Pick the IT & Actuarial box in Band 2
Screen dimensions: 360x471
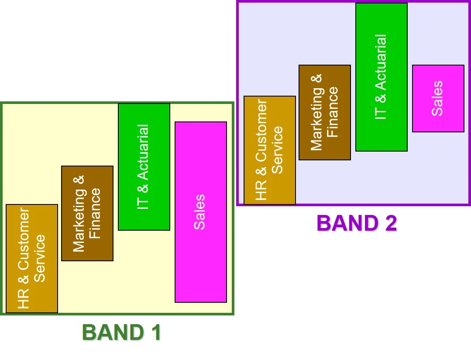point(382,135)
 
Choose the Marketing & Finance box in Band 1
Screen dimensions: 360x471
point(87,245)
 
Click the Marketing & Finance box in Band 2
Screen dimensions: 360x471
point(325,149)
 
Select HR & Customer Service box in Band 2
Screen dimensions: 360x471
point(270,188)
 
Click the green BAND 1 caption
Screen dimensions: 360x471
point(121,333)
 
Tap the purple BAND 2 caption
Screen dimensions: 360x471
point(357,223)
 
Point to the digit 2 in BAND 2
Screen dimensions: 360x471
point(389,223)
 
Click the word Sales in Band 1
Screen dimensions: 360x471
point(199,212)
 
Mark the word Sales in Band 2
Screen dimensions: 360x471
point(437,98)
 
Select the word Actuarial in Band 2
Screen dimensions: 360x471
point(381,62)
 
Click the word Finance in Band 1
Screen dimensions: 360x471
point(95,214)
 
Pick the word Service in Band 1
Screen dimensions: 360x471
point(40,258)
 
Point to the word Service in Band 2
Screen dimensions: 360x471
point(278,150)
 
